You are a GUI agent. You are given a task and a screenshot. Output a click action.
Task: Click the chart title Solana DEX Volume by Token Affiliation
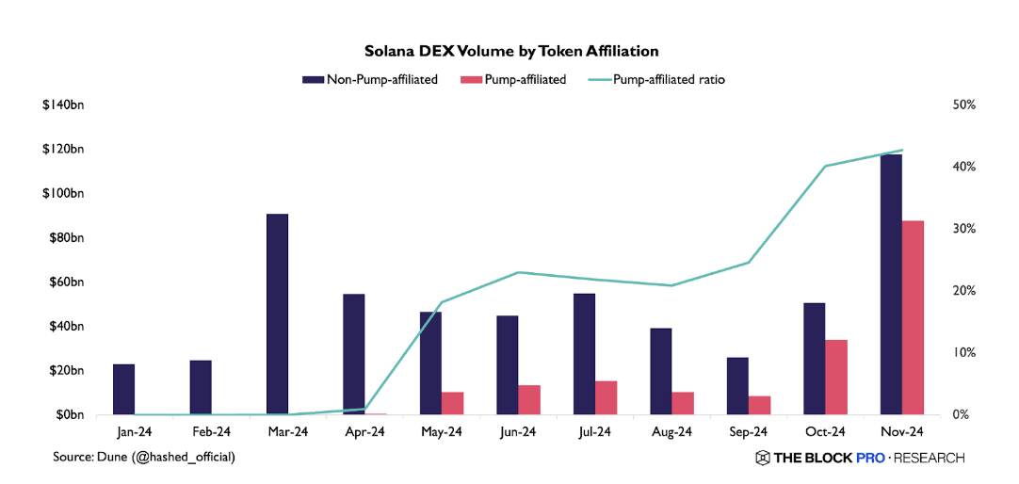511,50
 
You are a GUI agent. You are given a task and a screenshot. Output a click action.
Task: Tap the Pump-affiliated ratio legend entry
658,80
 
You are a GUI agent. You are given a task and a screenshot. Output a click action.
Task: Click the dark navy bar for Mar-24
277,314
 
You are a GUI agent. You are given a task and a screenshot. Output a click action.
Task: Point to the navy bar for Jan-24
123,389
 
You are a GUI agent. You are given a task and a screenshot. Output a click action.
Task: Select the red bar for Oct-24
835,377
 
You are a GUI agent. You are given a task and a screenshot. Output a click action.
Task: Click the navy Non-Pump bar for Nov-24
890,283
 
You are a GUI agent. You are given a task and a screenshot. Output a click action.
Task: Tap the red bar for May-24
452,403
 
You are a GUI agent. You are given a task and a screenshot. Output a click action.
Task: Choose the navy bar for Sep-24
737,385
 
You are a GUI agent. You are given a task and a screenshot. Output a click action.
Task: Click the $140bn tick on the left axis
63,105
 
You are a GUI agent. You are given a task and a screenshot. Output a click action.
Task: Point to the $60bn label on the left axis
65,282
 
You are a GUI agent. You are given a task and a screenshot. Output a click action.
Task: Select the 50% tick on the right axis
963,105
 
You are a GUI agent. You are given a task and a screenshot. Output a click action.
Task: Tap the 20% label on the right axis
963,291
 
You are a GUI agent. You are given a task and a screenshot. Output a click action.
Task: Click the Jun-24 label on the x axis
517,432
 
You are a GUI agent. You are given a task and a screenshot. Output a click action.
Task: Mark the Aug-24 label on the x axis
671,432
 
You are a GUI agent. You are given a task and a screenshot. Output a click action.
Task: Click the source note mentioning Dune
144,457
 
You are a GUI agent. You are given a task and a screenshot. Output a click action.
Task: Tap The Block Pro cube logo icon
762,458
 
